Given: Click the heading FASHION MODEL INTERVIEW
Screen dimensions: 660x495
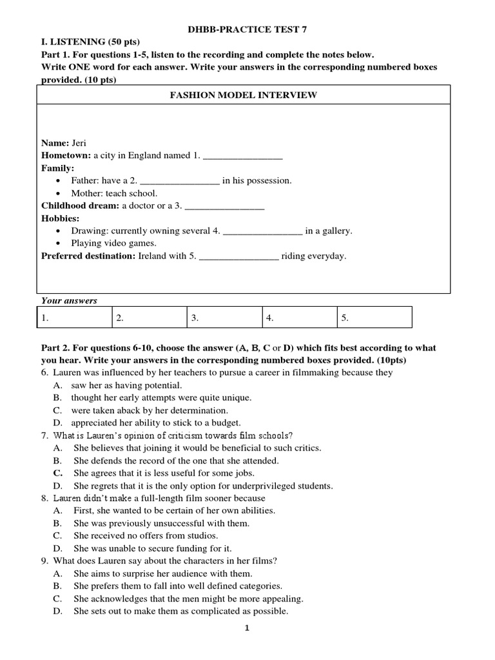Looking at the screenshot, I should [x=243, y=95].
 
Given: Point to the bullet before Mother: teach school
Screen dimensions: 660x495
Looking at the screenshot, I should [x=59, y=193].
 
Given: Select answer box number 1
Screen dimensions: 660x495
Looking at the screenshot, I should [x=73, y=318].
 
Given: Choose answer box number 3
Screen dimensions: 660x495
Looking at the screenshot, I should [x=224, y=318].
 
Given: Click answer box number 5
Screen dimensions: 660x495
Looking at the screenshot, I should [x=374, y=318].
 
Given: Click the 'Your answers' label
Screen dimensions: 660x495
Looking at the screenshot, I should [x=69, y=300].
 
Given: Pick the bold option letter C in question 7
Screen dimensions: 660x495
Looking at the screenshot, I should [x=57, y=473].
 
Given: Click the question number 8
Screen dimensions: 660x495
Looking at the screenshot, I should [x=44, y=498].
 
